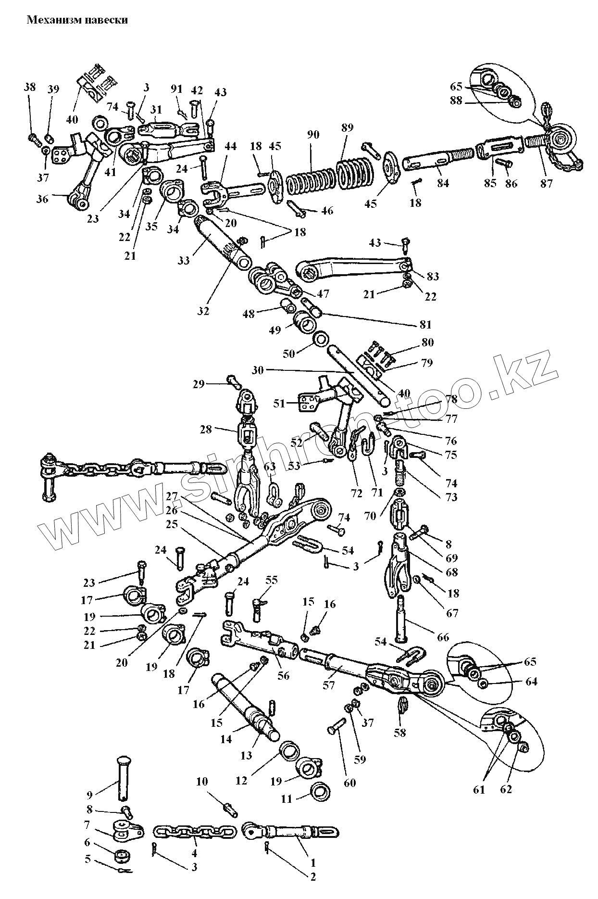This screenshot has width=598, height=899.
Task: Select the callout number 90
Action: tap(312, 135)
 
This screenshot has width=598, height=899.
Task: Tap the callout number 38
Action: tap(30, 87)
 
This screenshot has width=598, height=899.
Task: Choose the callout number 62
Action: tap(506, 789)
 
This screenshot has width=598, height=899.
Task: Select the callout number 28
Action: tap(206, 429)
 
